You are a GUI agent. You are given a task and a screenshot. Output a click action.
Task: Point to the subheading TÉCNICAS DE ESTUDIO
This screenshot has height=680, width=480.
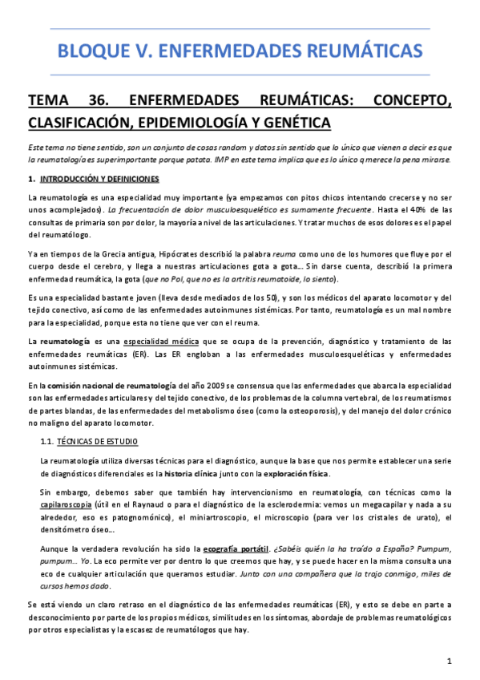point(97,441)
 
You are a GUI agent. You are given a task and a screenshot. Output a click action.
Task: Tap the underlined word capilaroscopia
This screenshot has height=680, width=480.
point(67,506)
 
